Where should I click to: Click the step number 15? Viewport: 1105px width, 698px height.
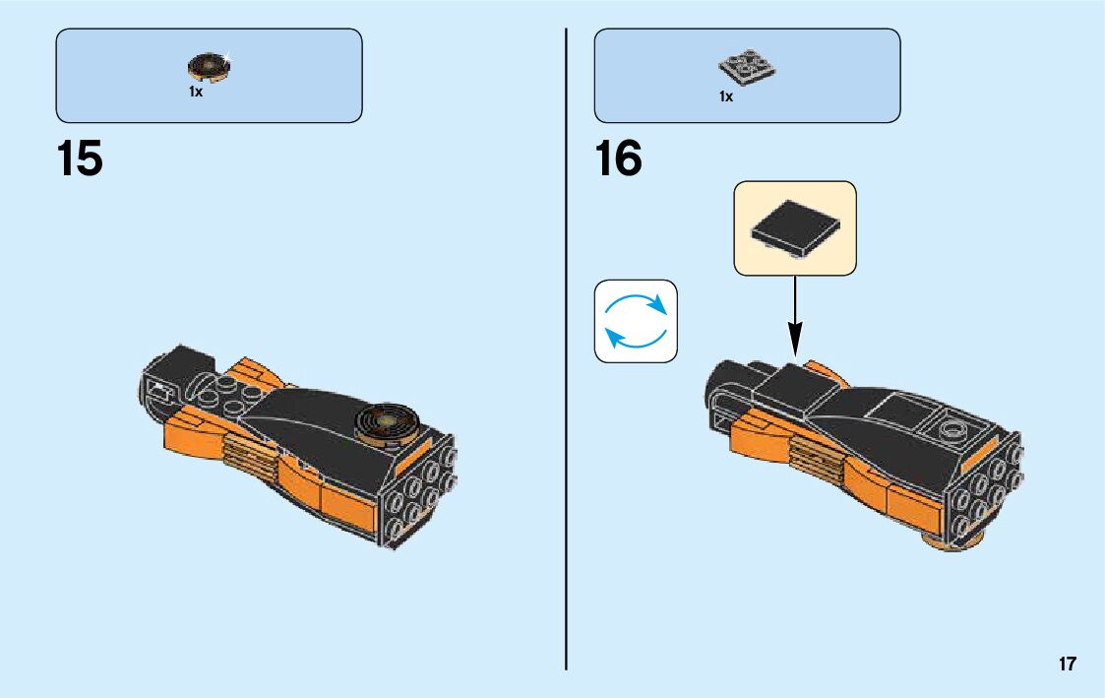point(81,159)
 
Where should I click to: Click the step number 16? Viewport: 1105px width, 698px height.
point(619,159)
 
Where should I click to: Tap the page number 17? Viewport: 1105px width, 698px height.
point(1068,665)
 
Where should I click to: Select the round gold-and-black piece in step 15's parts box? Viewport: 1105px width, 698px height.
point(210,67)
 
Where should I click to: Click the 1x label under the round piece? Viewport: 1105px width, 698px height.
point(196,92)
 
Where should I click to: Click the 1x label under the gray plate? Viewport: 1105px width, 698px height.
point(726,96)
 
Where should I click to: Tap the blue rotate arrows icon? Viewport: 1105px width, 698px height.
point(636,321)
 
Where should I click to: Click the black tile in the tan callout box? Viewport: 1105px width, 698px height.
point(795,227)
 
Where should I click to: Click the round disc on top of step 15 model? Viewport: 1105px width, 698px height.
point(387,420)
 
